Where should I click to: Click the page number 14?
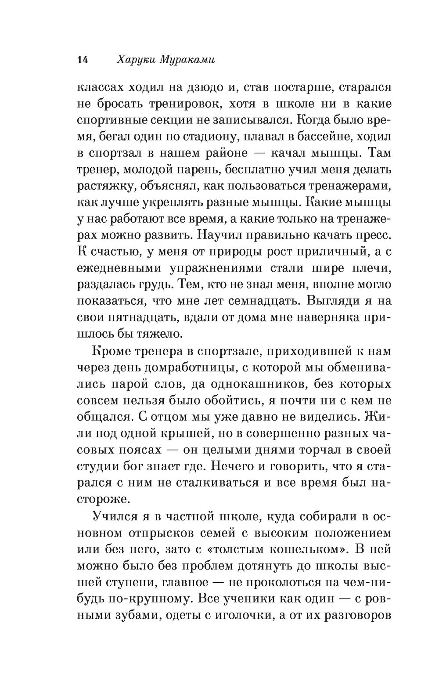click(83, 60)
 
